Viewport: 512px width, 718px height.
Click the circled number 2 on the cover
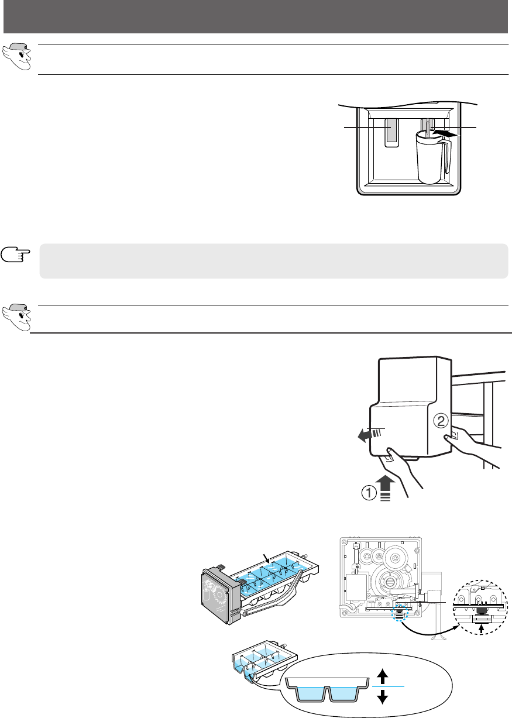pos(441,421)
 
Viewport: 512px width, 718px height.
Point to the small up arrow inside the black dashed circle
pos(482,627)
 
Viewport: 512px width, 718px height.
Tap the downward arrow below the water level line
pos(382,696)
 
